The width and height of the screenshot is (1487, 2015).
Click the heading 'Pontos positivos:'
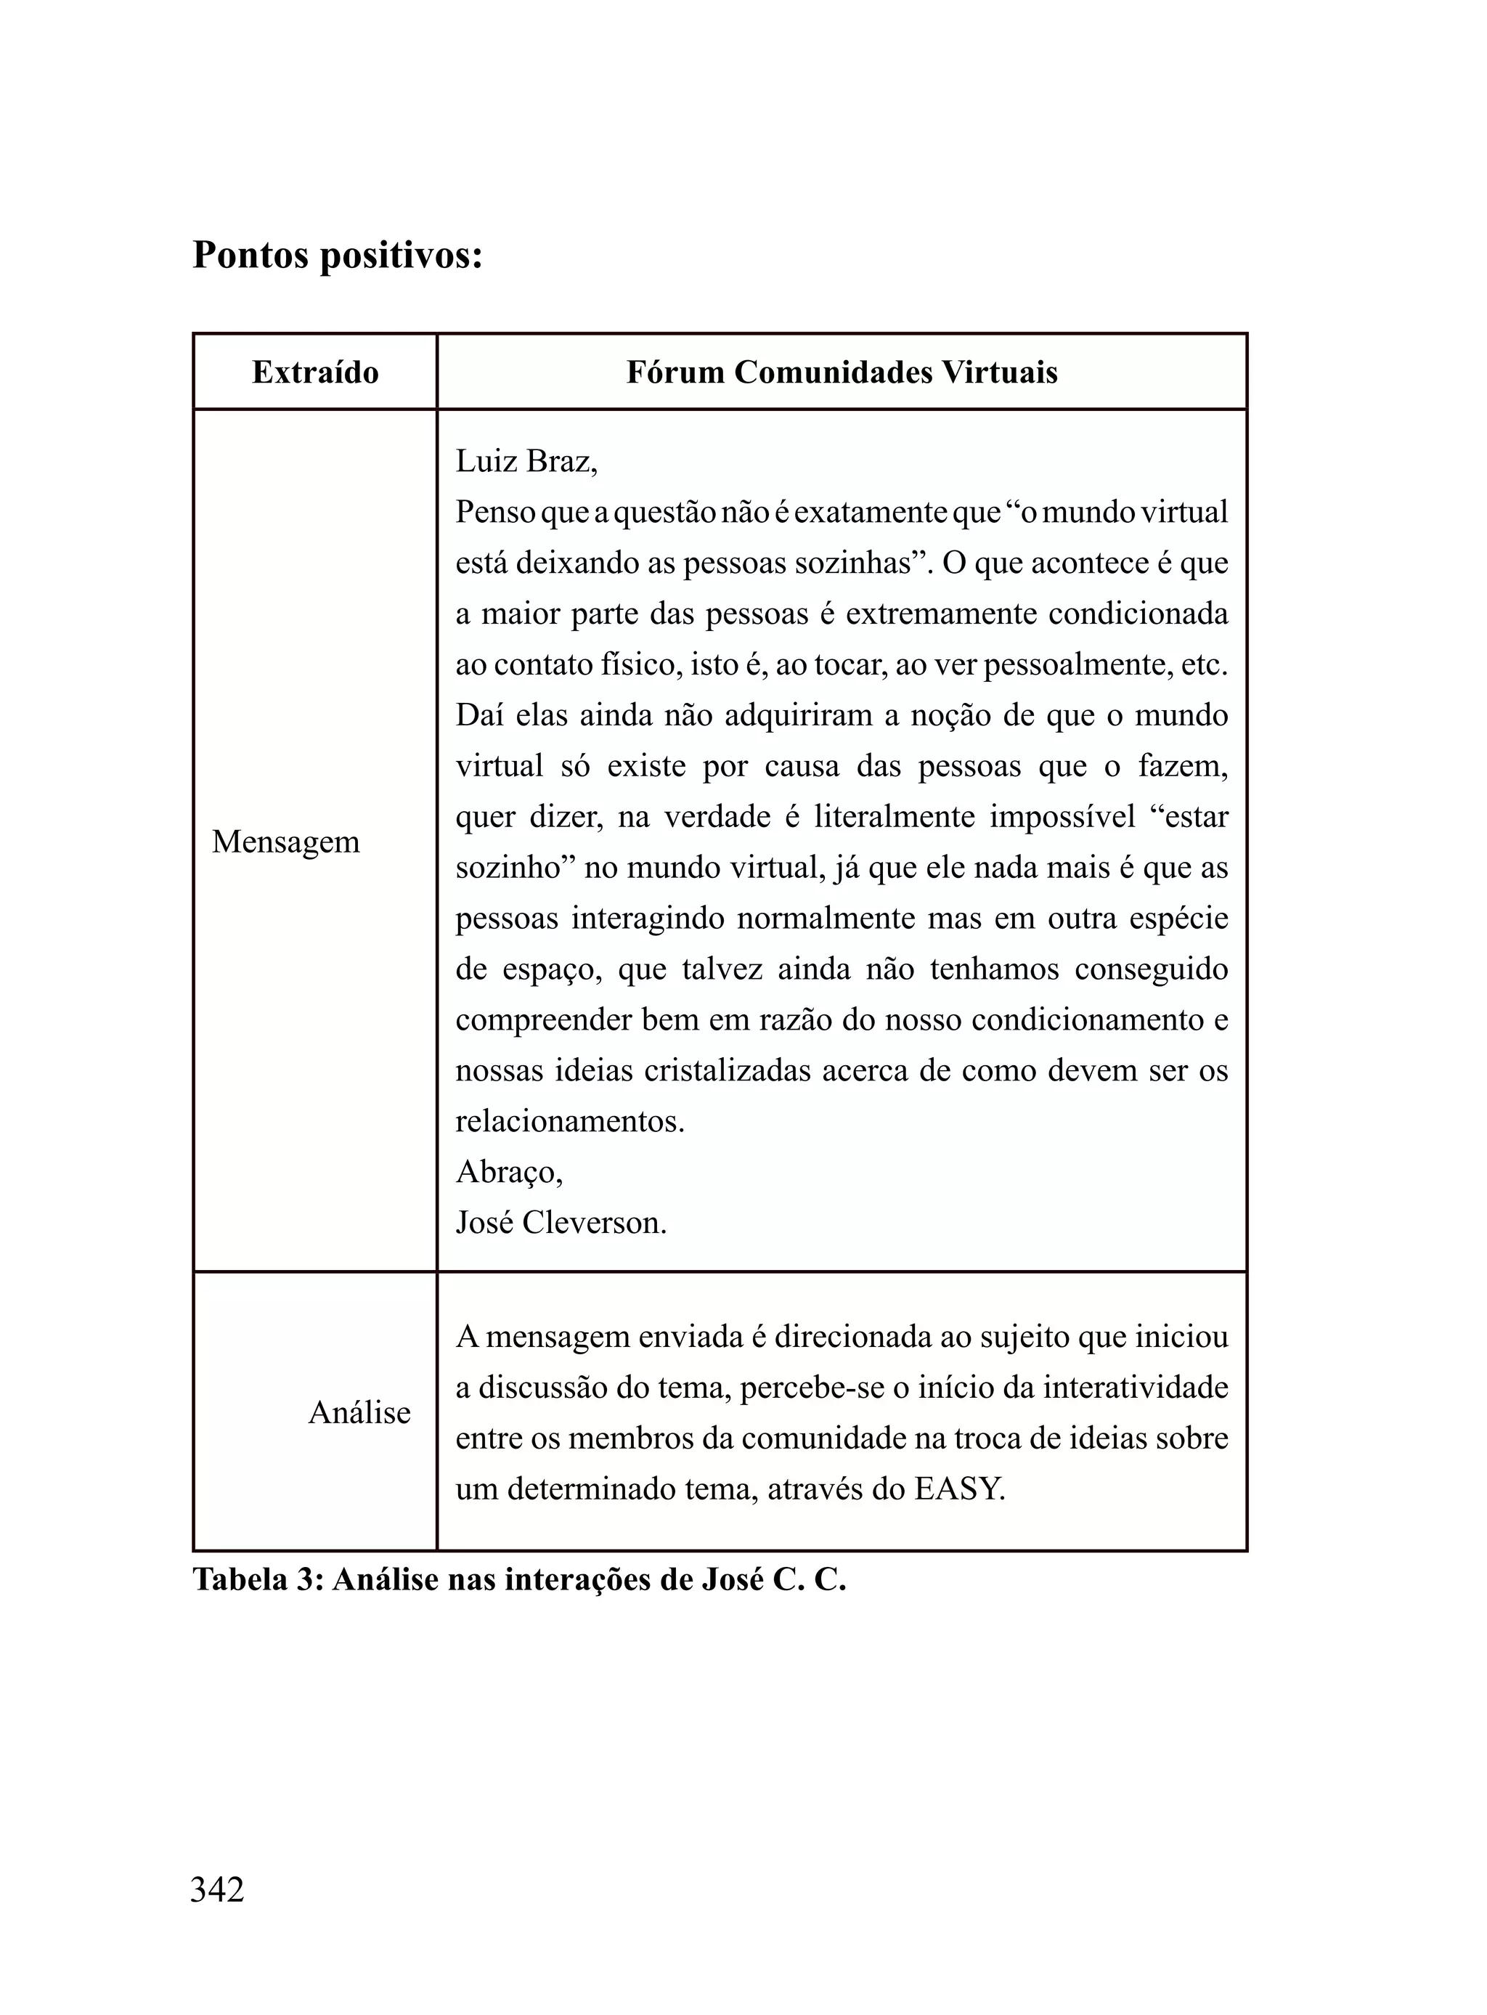338,256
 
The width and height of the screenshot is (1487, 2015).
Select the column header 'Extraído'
315,373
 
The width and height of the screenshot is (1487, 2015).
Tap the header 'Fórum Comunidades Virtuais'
842,373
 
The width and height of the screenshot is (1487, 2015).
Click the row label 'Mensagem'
285,842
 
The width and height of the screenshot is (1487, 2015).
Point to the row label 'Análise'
359,1413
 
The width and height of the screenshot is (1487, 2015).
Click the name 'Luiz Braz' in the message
524,462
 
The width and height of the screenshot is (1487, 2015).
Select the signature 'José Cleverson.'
561,1223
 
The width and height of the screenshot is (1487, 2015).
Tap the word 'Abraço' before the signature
507,1173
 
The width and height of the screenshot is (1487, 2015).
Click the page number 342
217,1890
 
